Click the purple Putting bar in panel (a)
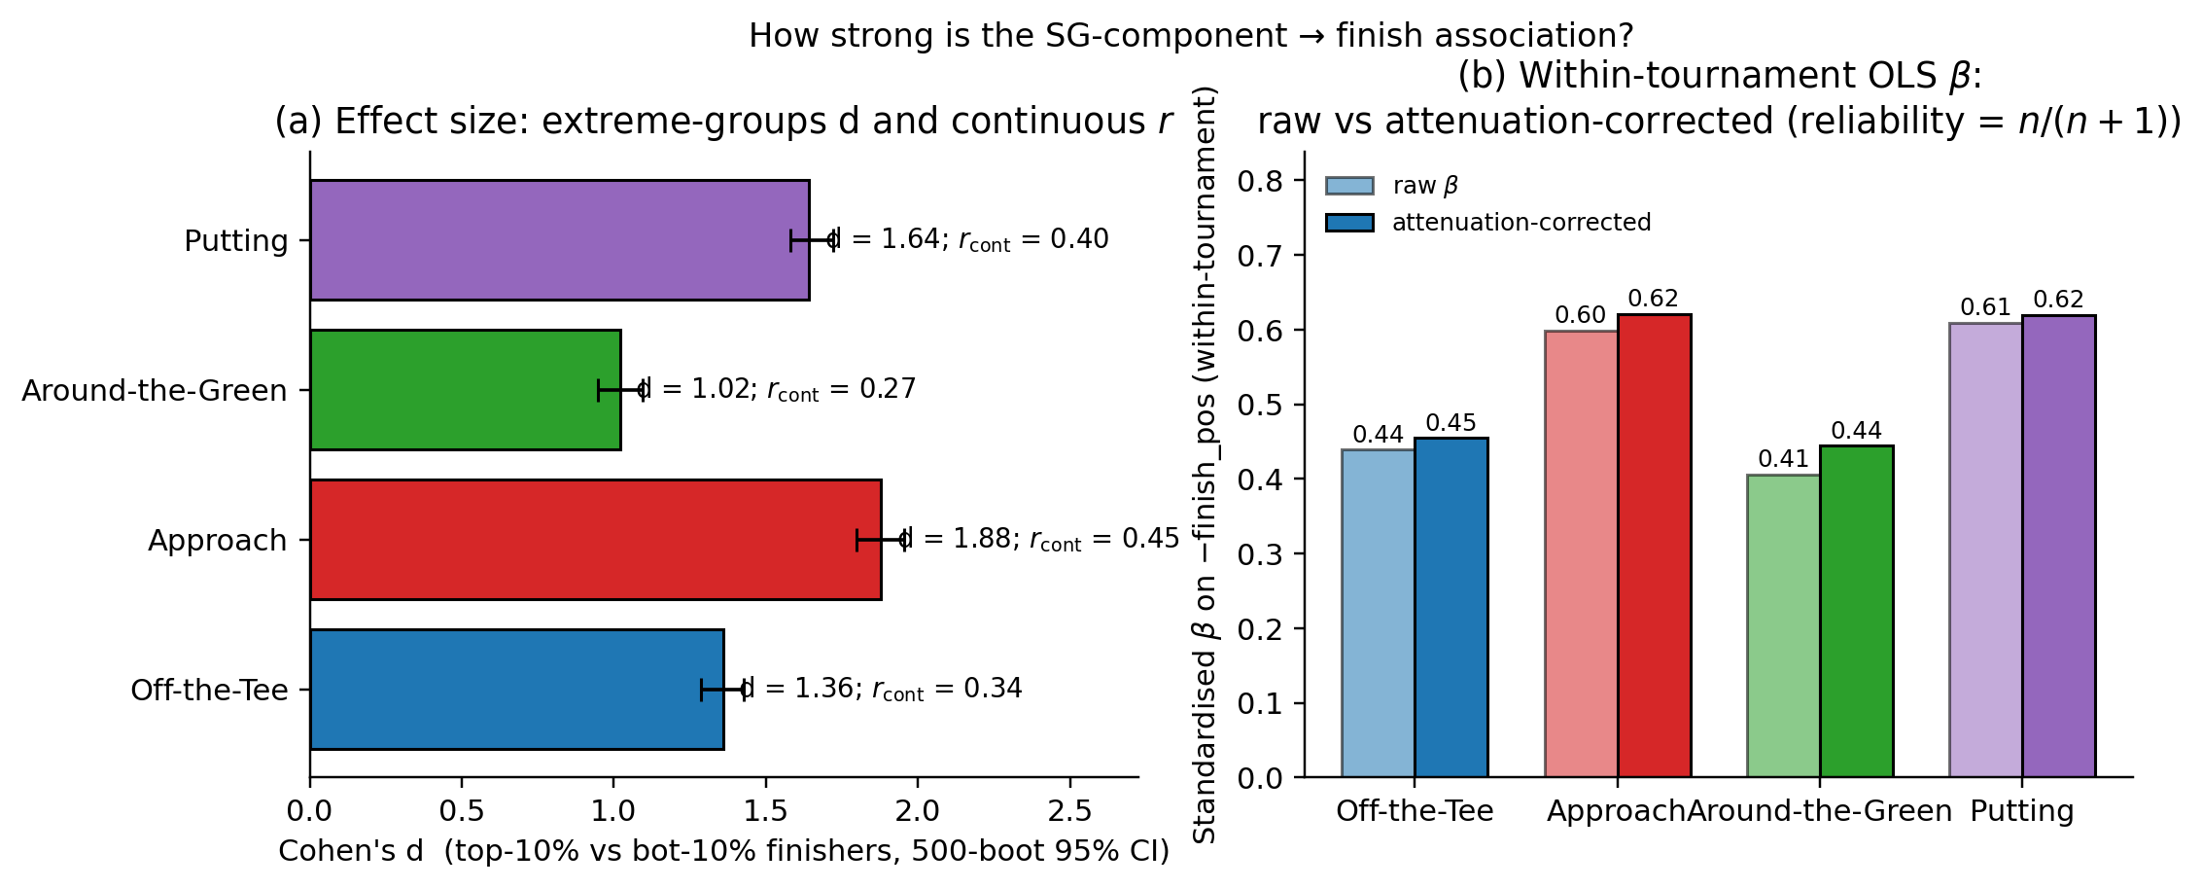pyautogui.click(x=559, y=240)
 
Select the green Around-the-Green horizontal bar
pyautogui.click(x=465, y=390)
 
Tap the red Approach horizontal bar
pyautogui.click(x=595, y=540)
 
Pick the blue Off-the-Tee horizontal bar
pyautogui.click(x=516, y=690)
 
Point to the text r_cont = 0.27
pyautogui.click(x=841, y=390)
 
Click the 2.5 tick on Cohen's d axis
pyautogui.click(x=1069, y=811)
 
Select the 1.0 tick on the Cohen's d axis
pyautogui.click(x=613, y=811)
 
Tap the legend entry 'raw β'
pyautogui.click(x=1392, y=186)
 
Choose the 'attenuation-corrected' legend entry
pyautogui.click(x=1487, y=223)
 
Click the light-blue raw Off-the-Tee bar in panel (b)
pyautogui.click(x=1378, y=613)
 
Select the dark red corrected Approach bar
pyautogui.click(x=1654, y=545)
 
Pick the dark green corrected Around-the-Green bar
pyautogui.click(x=1856, y=611)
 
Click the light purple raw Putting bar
pyautogui.click(x=1985, y=550)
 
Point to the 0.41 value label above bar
pyautogui.click(x=1783, y=459)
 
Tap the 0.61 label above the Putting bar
pyautogui.click(x=1985, y=308)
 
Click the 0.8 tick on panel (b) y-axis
pyautogui.click(x=1260, y=181)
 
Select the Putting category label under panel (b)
pyautogui.click(x=2022, y=811)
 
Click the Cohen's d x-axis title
pyautogui.click(x=723, y=852)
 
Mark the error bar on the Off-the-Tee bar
pyautogui.click(x=723, y=690)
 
